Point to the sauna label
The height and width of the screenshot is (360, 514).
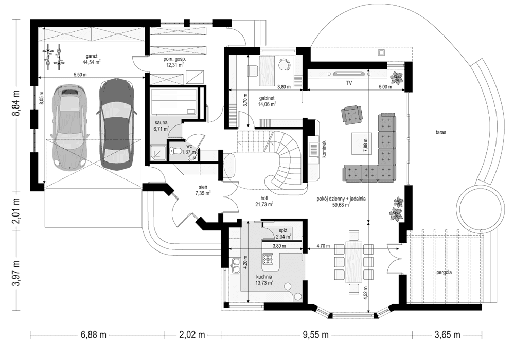click(161, 123)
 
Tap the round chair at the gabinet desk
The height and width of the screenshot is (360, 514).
click(284, 64)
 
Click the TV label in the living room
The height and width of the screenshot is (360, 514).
click(348, 82)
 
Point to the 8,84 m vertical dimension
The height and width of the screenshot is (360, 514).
click(16, 103)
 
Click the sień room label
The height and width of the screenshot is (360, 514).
click(201, 188)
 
